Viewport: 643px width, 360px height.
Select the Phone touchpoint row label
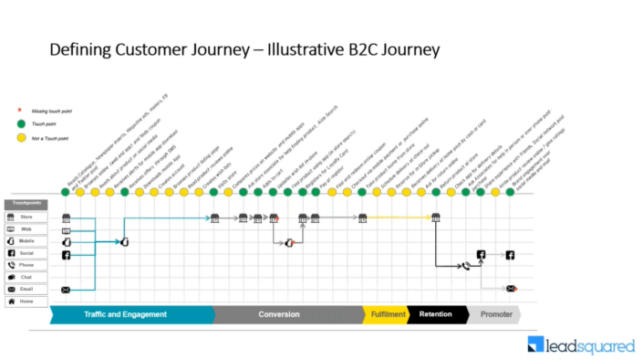[x=26, y=266]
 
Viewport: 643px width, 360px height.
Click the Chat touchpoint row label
[x=26, y=278]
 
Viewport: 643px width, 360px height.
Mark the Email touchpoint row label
[x=26, y=290]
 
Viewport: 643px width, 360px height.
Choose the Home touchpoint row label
[x=26, y=301]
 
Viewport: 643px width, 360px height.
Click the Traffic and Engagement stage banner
[x=129, y=315]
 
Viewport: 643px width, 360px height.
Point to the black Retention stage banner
[x=436, y=315]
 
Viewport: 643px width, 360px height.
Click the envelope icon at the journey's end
[x=511, y=289]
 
